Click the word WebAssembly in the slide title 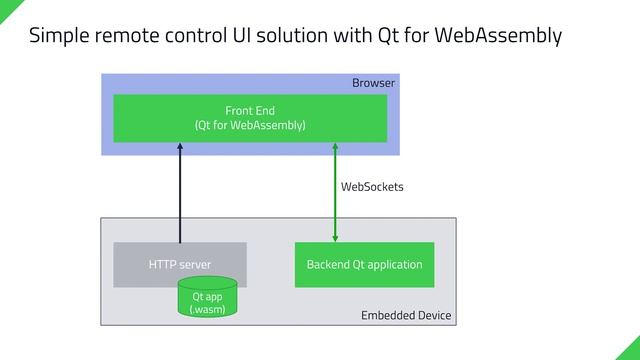point(500,36)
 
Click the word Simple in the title point(60,36)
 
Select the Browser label point(373,83)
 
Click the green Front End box point(249,118)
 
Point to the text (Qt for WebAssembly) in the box point(249,126)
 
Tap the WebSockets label point(372,187)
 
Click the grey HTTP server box point(179,264)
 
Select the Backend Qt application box point(364,264)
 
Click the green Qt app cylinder point(207,299)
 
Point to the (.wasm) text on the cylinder point(207,309)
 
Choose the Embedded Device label point(405,316)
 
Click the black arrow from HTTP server point(180,195)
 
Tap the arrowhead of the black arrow point(180,147)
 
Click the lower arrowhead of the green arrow point(335,238)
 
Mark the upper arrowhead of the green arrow point(335,147)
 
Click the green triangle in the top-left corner point(6,6)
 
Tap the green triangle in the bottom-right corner point(631,351)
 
